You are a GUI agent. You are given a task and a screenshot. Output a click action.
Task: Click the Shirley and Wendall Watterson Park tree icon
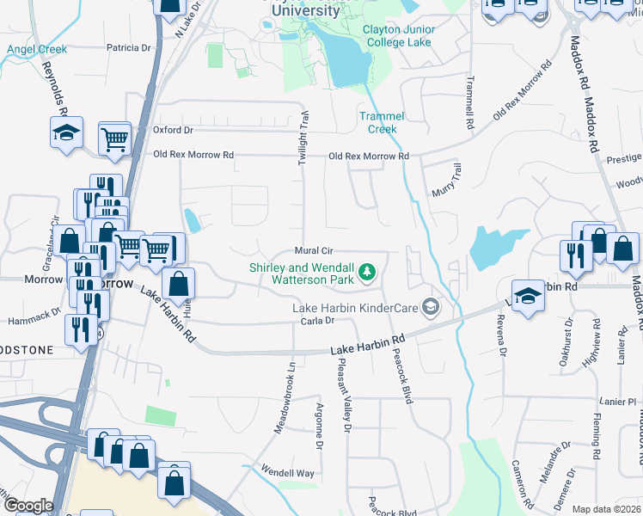[368, 272]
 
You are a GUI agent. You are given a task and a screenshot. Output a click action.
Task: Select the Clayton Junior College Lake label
[398, 35]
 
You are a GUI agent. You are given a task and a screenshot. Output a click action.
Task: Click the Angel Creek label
[37, 50]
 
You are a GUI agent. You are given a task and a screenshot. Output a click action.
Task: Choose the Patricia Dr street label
[128, 48]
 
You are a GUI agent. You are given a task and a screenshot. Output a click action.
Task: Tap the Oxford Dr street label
[174, 130]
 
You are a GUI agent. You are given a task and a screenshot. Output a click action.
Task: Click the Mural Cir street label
[313, 251]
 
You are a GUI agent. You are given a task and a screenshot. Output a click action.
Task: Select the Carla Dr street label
[317, 320]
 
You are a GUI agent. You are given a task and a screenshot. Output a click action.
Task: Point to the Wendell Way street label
[288, 473]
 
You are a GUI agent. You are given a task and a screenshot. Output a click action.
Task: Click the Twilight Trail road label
[304, 138]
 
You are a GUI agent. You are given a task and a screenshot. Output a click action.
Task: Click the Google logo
[28, 506]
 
